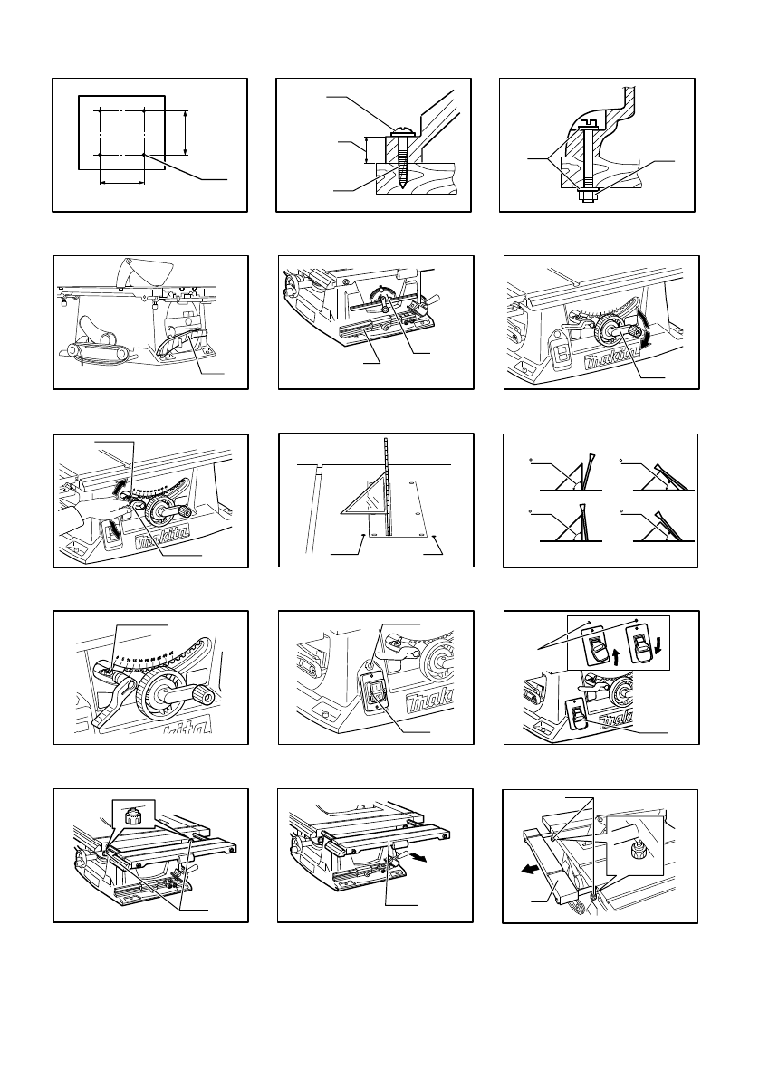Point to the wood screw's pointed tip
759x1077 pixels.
tap(399, 187)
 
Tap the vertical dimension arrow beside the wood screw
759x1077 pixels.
tap(367, 149)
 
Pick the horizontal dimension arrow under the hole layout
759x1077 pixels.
tap(121, 182)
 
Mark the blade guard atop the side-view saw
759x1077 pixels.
tap(147, 268)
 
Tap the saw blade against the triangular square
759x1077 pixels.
tap(388, 489)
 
